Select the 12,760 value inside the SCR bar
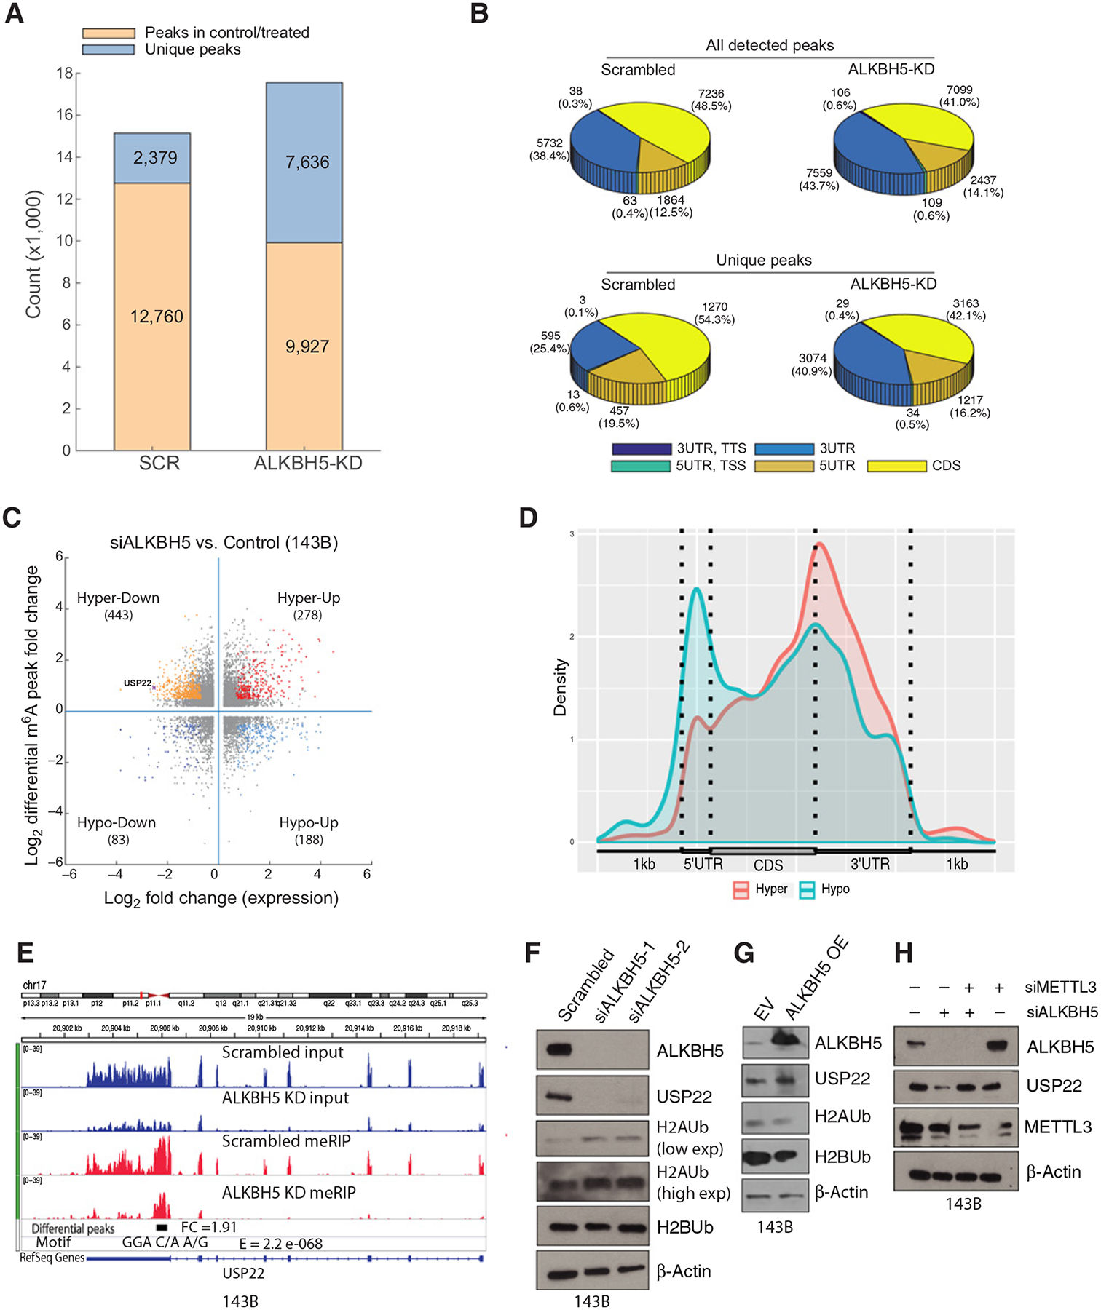[156, 317]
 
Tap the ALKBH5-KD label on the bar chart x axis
[307, 464]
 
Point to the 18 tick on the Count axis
[65, 74]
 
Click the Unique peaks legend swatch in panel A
[108, 49]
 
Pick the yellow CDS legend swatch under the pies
[896, 466]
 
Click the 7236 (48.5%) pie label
[711, 100]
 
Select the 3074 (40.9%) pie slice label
[812, 364]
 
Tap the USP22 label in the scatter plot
[137, 683]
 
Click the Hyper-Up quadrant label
[309, 598]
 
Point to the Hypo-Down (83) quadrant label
[117, 830]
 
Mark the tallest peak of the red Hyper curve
[820, 543]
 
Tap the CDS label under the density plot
[768, 865]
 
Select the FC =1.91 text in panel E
[208, 1227]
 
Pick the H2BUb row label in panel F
[684, 1227]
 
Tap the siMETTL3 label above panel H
[1061, 987]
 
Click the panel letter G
[745, 953]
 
